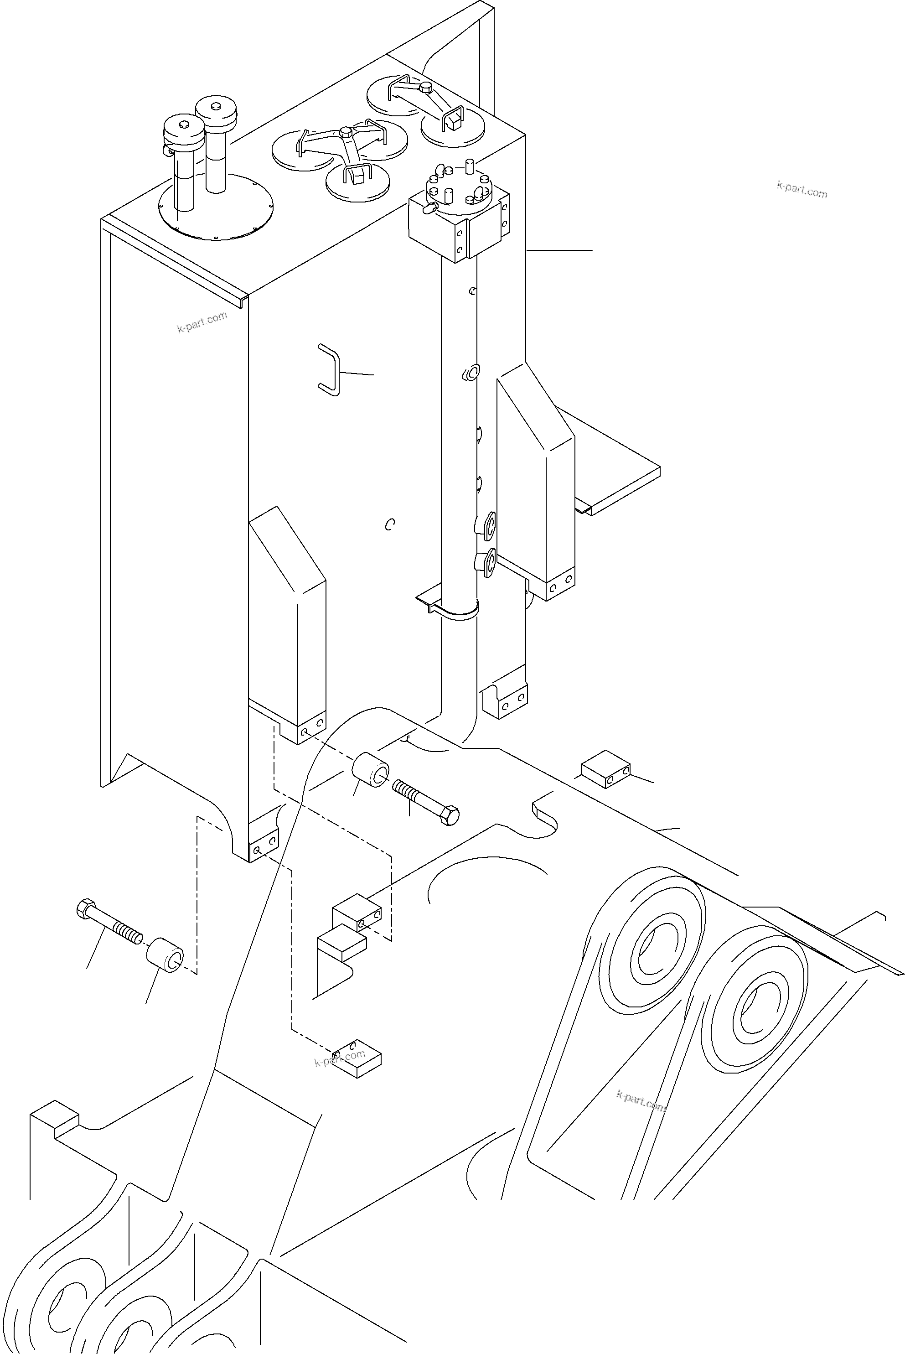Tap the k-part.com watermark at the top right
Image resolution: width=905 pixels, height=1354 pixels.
click(x=802, y=189)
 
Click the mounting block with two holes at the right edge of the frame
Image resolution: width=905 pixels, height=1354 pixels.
click(x=605, y=769)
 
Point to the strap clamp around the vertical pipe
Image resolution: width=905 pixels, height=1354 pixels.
click(x=456, y=611)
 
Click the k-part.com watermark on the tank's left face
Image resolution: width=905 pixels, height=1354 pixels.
click(x=202, y=322)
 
